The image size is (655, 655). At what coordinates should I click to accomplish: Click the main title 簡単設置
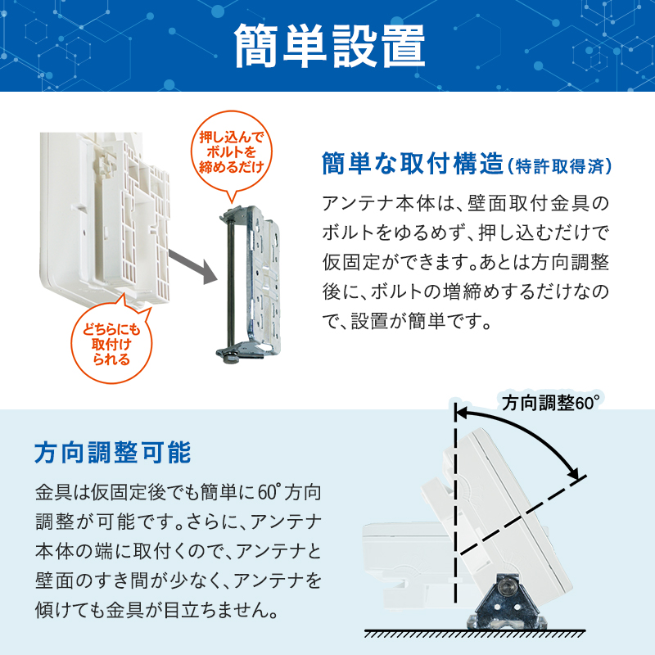pos(328,47)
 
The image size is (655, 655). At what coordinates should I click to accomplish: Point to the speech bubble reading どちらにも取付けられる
pos(111,337)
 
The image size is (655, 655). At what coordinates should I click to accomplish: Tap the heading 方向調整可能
pos(113,452)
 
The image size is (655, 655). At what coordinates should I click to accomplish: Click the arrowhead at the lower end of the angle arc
pos(578,476)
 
